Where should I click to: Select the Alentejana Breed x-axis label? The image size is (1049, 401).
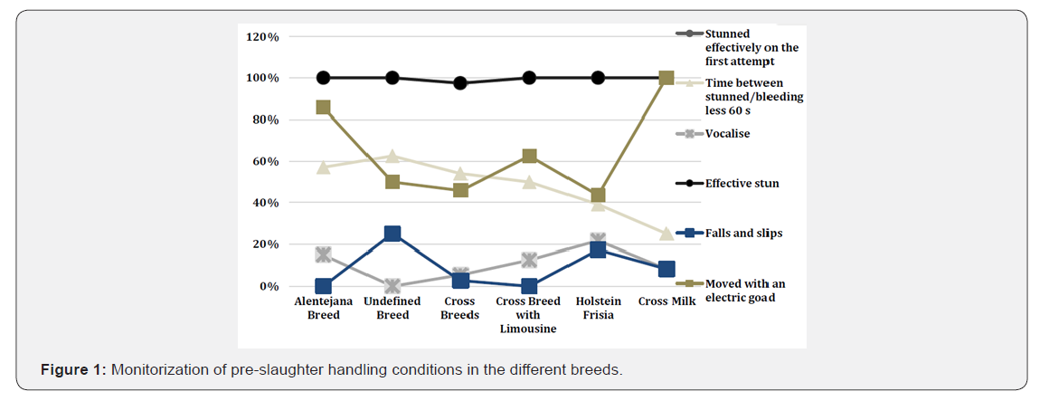tap(323, 308)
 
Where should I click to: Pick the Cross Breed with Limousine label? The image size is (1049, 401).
tap(528, 314)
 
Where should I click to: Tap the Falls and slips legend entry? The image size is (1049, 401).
tap(743, 233)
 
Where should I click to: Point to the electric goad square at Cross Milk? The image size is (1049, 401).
tap(666, 78)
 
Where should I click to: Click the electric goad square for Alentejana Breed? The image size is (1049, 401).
tap(323, 107)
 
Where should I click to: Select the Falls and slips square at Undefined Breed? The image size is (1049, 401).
tap(392, 234)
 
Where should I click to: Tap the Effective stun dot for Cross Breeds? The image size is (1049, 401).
tap(460, 83)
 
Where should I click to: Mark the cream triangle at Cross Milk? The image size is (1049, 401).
tap(666, 234)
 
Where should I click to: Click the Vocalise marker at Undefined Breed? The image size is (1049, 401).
tap(392, 286)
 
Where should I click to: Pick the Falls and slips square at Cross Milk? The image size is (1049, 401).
tap(666, 269)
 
